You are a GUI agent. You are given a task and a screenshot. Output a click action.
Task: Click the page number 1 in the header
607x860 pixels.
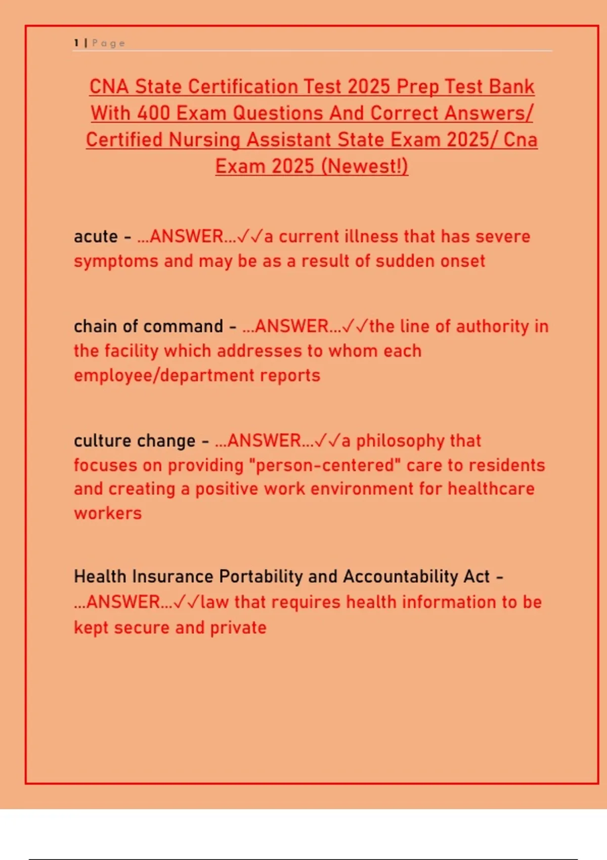(76, 43)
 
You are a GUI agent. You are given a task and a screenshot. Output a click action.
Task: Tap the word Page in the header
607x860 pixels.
(108, 44)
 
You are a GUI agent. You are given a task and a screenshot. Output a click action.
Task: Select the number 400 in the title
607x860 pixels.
(153, 113)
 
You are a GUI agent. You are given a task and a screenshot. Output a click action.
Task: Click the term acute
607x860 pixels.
(96, 237)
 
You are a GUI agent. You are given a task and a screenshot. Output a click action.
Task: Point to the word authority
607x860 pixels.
(492, 327)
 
